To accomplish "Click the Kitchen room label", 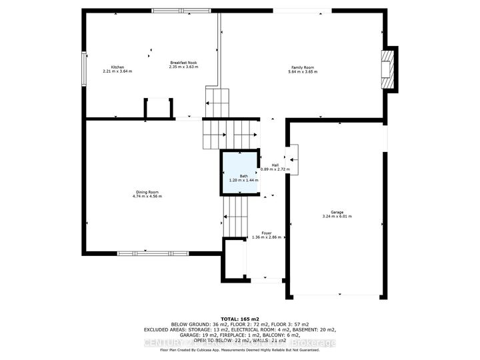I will tap(118, 67).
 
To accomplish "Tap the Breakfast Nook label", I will tap(183, 63).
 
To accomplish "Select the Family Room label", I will tap(303, 67).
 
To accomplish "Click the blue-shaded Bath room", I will tap(239, 172).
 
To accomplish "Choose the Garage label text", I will tap(337, 213).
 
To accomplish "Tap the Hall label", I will tap(275, 165).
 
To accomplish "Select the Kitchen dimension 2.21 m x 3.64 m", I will tap(118, 71).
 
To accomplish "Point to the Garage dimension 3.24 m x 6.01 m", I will tap(337, 217).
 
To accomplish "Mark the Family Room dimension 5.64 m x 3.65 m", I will tap(303, 71).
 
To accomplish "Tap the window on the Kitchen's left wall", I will tap(84, 69).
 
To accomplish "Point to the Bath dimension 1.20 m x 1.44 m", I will tap(239, 181).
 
